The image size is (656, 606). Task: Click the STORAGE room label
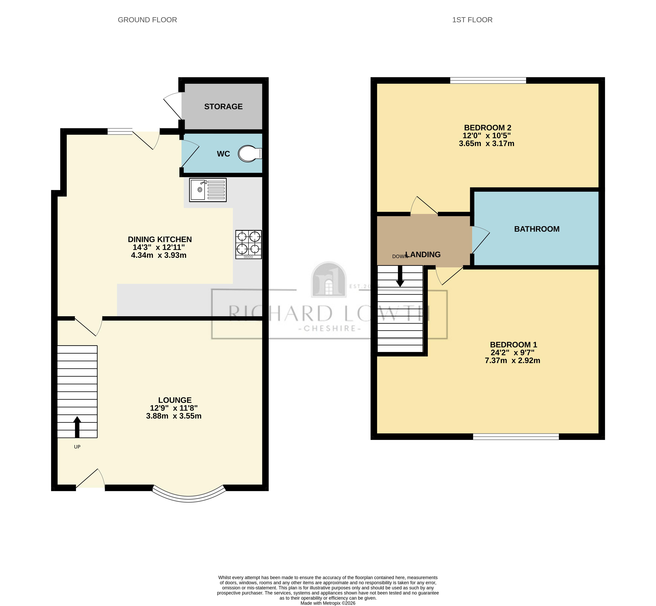pos(223,107)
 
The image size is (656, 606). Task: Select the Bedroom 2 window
pos(488,80)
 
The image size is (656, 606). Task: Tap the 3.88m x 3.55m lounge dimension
pos(174,416)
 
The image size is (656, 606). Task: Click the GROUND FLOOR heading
pos(147,20)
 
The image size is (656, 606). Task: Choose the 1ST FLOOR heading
pos(472,20)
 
